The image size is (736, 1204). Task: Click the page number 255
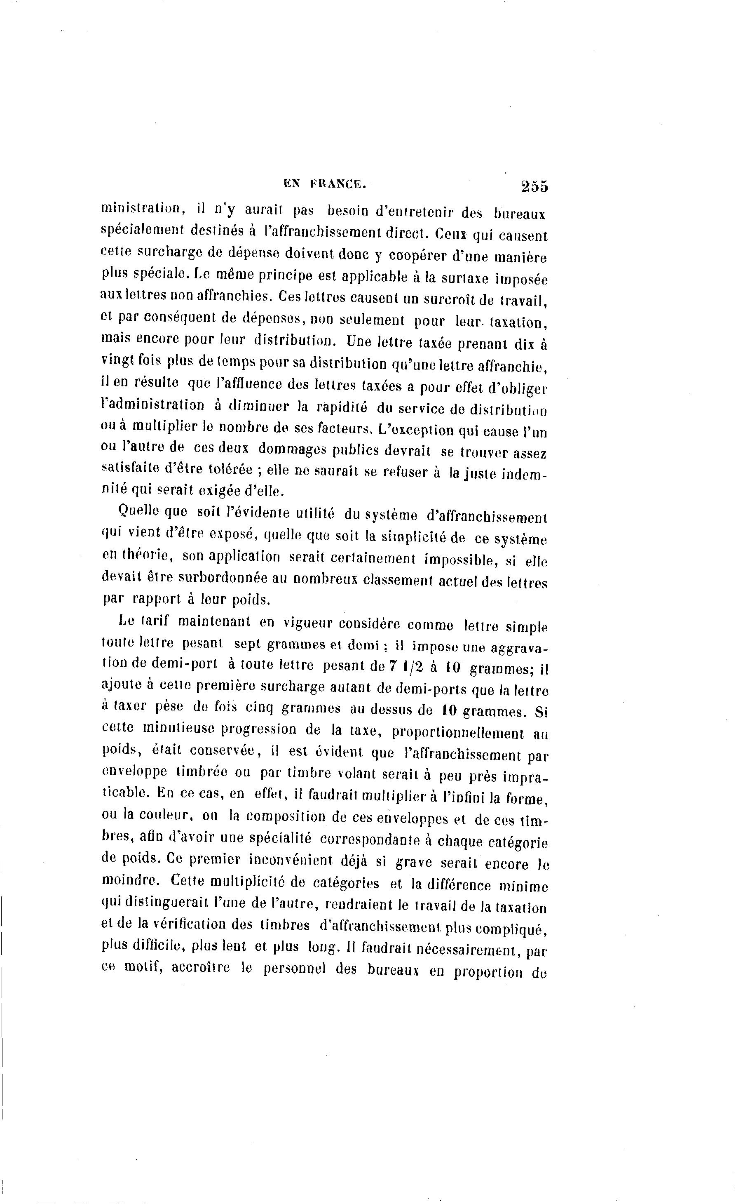534,186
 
